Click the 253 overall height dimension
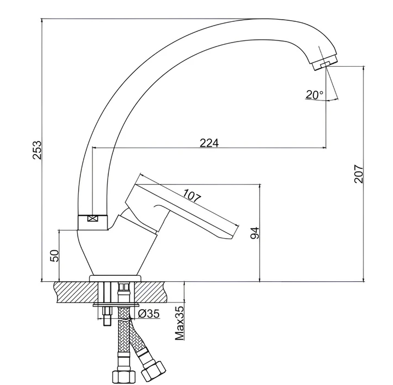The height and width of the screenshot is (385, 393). tap(37, 150)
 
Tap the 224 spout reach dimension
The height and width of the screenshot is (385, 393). tap(209, 143)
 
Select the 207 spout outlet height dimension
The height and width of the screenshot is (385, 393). tap(359, 174)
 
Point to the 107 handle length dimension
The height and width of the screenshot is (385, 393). tap(192, 196)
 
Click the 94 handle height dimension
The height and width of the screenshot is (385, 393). tap(255, 233)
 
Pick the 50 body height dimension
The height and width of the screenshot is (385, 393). tap(55, 256)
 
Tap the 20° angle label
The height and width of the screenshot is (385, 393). tap(314, 94)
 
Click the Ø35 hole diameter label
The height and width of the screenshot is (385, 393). tap(149, 313)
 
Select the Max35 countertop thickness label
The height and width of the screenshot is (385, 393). tap(179, 323)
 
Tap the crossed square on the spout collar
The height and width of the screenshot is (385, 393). tap(92, 218)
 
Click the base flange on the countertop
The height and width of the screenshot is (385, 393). tap(115, 279)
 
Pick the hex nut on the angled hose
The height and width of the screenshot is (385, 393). tap(154, 371)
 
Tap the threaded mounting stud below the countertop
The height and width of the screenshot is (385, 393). tap(107, 316)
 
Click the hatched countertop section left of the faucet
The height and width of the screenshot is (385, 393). tap(76, 292)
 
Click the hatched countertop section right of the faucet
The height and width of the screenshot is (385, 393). tap(151, 292)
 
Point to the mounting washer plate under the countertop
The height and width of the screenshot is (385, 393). tap(116, 305)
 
